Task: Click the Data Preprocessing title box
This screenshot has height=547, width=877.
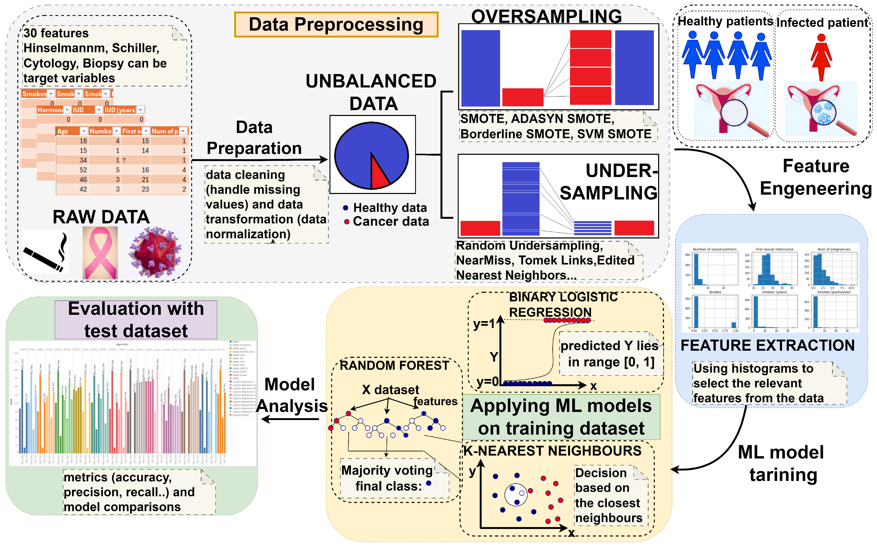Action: pyautogui.click(x=336, y=25)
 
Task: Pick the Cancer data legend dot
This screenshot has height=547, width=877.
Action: pyautogui.click(x=346, y=222)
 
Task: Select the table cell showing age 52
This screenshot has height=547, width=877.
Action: pyautogui.click(x=83, y=170)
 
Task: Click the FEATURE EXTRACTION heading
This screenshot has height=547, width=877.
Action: pyautogui.click(x=767, y=345)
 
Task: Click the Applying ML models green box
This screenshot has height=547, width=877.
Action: pyautogui.click(x=561, y=417)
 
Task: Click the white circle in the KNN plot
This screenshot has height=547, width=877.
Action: pyautogui.click(x=515, y=495)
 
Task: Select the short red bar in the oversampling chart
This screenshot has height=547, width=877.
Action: pyautogui.click(x=523, y=97)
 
